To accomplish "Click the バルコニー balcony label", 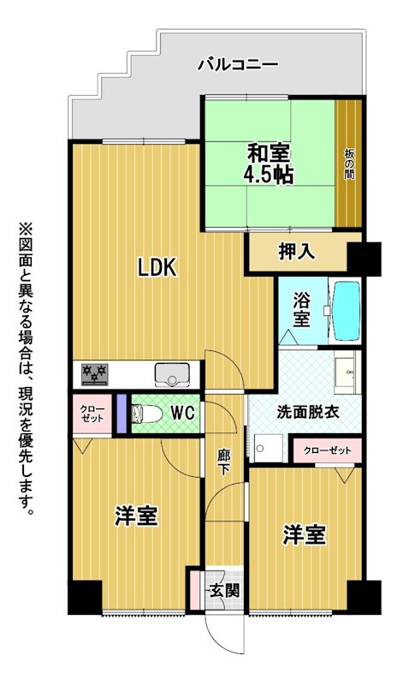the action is click(238, 66).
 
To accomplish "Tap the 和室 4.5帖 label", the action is click(268, 164).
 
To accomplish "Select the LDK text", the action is click(157, 267).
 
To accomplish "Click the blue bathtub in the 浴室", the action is click(347, 311).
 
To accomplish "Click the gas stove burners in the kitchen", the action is click(95, 374).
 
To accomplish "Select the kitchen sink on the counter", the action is click(173, 375).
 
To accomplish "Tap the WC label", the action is click(182, 414).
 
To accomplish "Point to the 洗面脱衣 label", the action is click(308, 414).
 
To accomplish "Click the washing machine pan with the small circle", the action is click(268, 448).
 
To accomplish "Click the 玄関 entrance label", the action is click(224, 591).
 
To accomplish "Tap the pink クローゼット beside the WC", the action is click(92, 414).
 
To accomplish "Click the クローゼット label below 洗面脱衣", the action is click(328, 450).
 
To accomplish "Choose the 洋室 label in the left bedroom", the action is click(136, 516).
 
